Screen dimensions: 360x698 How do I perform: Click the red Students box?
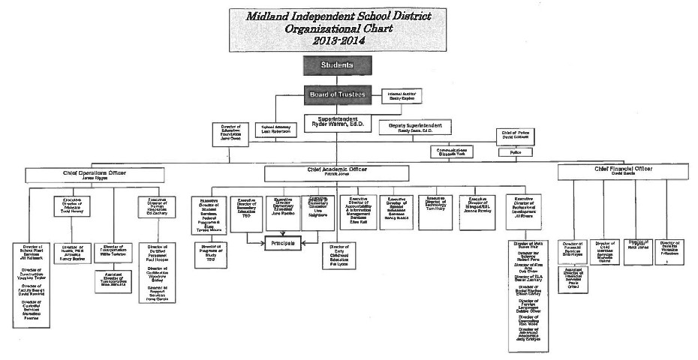point(337,65)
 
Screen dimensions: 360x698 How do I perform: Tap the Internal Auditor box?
point(404,96)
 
